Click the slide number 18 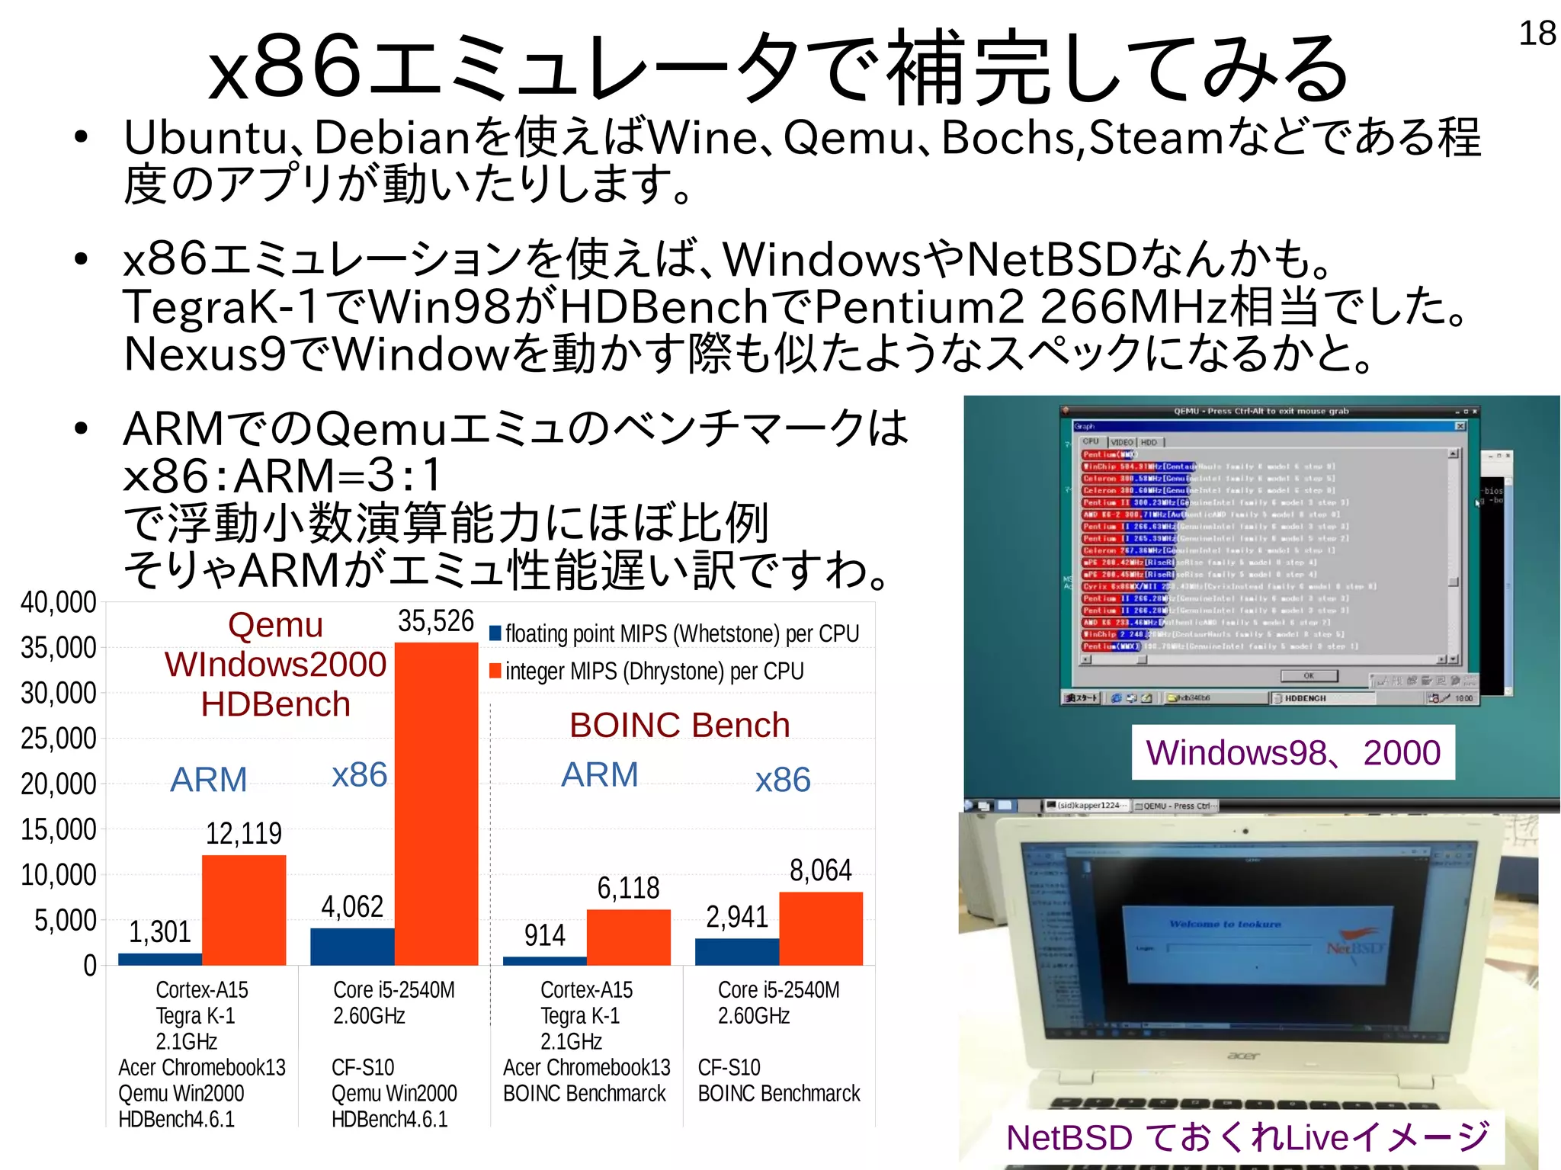point(1537,34)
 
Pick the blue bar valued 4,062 point(352,946)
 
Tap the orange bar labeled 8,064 point(821,928)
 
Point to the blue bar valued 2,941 point(737,951)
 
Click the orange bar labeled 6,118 point(629,937)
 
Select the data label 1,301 point(159,931)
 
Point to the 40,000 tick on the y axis point(59,602)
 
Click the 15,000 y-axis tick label point(59,829)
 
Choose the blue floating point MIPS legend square point(495,633)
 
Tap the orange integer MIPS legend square point(495,671)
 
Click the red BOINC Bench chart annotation point(679,725)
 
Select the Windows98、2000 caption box point(1293,752)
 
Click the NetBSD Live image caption point(1248,1137)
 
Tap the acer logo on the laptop point(1243,1056)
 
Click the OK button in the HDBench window point(1308,676)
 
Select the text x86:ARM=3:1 point(283,476)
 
